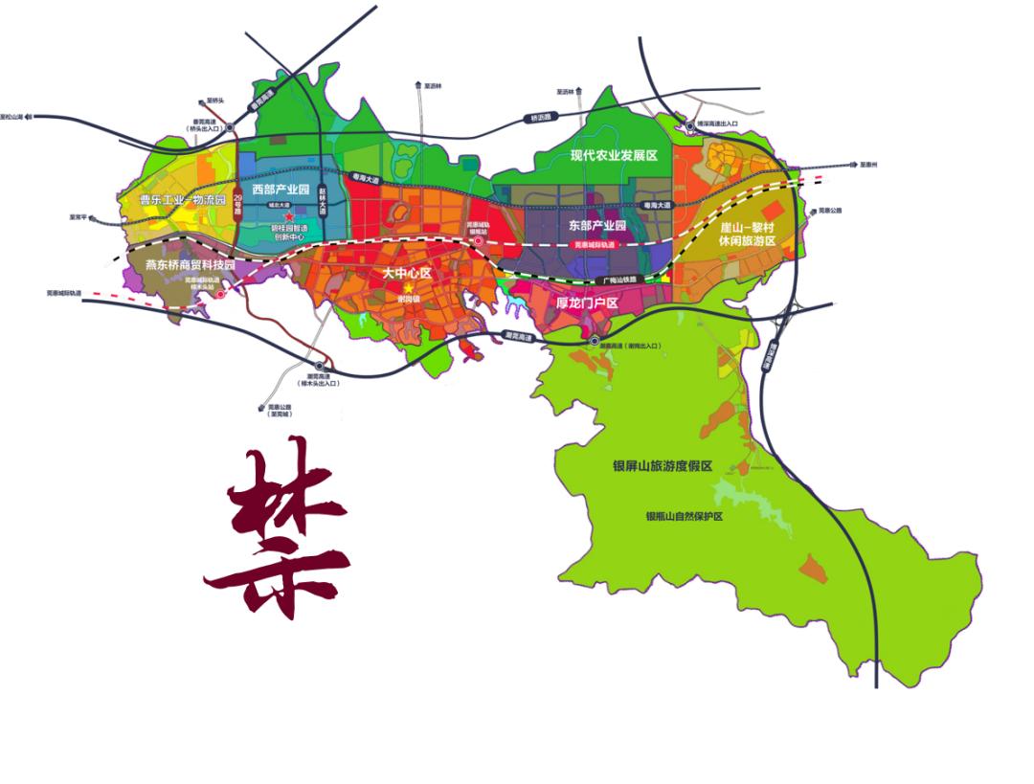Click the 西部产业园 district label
pyautogui.click(x=280, y=190)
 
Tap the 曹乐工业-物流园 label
pyautogui.click(x=182, y=200)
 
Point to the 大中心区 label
pyautogui.click(x=409, y=273)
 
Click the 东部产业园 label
pyautogui.click(x=596, y=226)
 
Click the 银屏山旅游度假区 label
pyautogui.click(x=663, y=466)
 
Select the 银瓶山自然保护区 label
pyautogui.click(x=684, y=516)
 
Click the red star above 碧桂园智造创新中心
pyautogui.click(x=289, y=218)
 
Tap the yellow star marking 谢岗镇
pyautogui.click(x=409, y=288)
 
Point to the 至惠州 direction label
pyautogui.click(x=868, y=164)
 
